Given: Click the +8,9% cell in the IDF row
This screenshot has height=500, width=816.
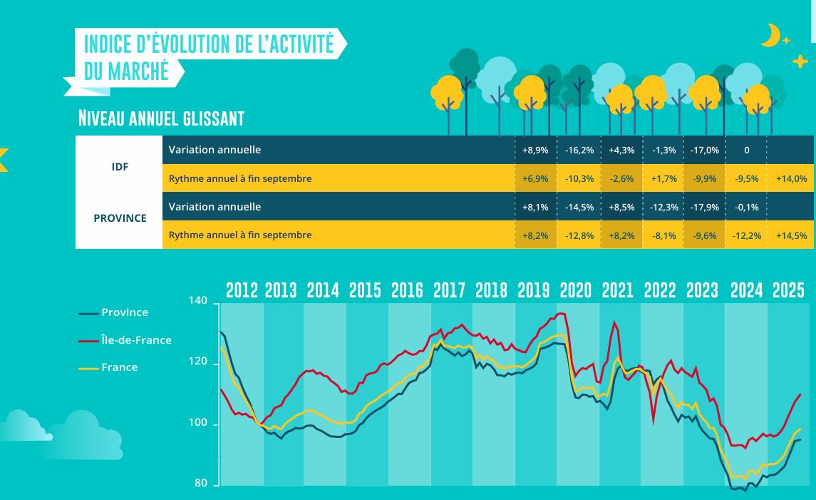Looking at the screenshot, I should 535,150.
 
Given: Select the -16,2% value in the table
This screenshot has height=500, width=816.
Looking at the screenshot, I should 579,150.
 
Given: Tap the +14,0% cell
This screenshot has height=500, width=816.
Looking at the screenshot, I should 791,179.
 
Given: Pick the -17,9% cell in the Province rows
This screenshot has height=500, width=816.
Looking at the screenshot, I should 704,208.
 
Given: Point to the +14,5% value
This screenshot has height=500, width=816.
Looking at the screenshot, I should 791,235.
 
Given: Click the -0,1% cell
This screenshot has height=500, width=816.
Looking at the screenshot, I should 747,208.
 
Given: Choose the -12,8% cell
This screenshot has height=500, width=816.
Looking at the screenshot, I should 579,235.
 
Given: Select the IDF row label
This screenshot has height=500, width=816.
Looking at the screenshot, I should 120,168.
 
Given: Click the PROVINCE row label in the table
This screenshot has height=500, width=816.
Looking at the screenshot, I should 120,218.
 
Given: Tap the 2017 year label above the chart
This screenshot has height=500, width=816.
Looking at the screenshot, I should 449,290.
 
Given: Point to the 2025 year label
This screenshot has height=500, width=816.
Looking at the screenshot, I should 788,290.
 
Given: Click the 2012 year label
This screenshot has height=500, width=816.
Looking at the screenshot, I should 242,290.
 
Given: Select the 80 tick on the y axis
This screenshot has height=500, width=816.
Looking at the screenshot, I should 202,484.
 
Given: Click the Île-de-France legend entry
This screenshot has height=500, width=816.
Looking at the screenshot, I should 135,340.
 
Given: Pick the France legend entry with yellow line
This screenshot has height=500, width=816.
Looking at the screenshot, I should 119,367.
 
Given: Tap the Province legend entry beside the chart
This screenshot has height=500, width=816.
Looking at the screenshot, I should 125,312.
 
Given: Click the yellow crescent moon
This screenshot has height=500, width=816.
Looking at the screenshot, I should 769,34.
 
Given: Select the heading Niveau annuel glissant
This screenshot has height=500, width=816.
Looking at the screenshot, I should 161,118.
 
